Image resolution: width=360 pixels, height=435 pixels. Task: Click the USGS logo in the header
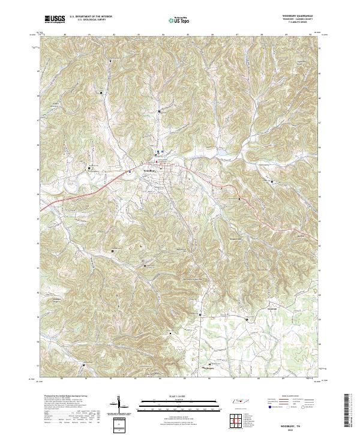pyautogui.click(x=55, y=19)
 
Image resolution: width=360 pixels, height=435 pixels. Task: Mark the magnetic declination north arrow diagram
pyautogui.click(x=118, y=404)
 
